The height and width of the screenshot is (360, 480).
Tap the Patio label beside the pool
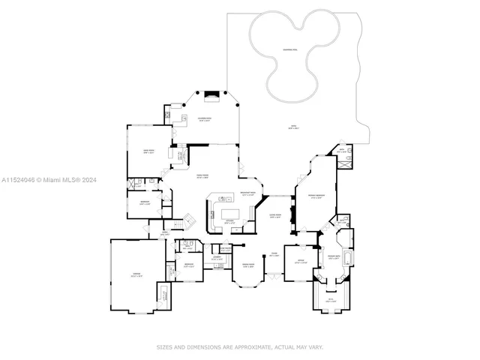pyautogui.click(x=293, y=127)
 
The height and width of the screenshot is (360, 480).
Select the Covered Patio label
pyautogui.click(x=204, y=119)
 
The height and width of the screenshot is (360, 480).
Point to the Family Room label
pyautogui.click(x=202, y=176)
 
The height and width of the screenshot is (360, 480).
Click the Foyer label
pyautogui.click(x=274, y=255)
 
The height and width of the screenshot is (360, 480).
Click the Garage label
pyautogui.click(x=136, y=275)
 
